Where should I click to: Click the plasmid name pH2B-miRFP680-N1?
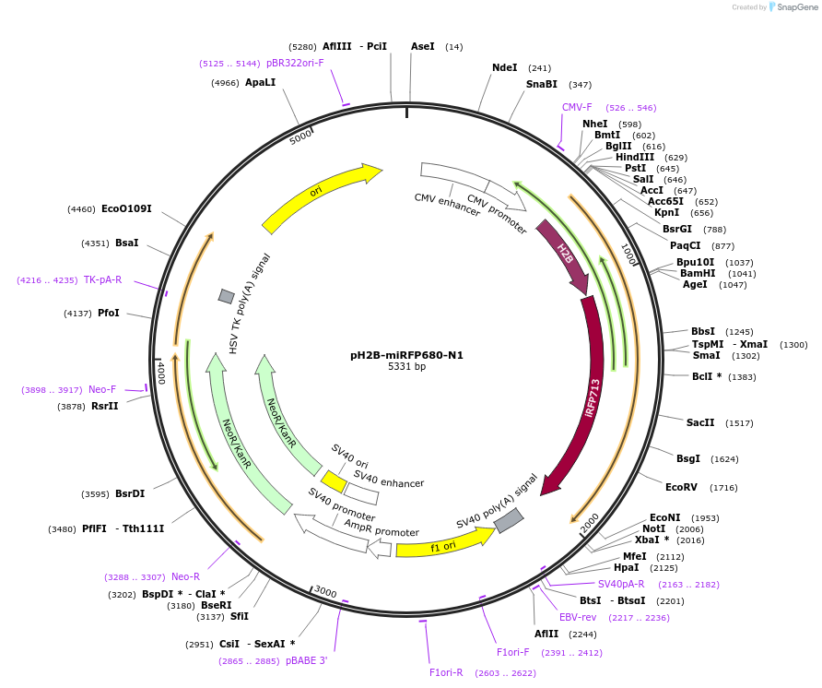tap(406, 354)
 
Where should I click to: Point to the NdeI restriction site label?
tap(504, 67)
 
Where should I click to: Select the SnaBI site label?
tap(542, 84)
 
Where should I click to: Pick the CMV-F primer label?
tap(578, 107)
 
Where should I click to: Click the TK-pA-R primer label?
tap(102, 279)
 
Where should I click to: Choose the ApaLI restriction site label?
tap(260, 82)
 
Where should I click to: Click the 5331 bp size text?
tap(406, 367)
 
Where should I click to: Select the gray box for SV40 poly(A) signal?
tap(509, 521)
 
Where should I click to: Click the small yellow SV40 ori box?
tap(334, 481)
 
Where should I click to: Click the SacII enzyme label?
tap(700, 422)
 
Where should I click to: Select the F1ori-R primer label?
tap(447, 672)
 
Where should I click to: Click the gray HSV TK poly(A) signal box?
tap(226, 296)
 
